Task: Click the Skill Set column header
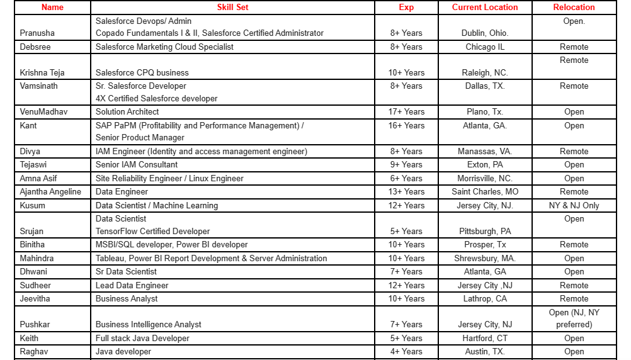(232, 8)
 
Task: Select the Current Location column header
(485, 8)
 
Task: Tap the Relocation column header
(574, 8)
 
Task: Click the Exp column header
(406, 8)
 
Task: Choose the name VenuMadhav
(43, 112)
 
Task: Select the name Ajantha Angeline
(50, 192)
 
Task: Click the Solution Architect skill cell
(127, 112)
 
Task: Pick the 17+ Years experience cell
(406, 112)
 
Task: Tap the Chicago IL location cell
(485, 47)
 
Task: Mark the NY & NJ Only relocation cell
(574, 206)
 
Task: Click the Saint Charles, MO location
(485, 192)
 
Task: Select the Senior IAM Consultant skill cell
(137, 165)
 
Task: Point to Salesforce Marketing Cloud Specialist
(164, 47)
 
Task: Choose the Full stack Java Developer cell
(142, 339)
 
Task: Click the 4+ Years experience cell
(406, 352)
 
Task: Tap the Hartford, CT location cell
(485, 339)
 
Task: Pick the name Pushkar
(35, 325)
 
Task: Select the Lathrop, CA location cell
(485, 299)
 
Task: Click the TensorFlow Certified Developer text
(152, 232)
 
